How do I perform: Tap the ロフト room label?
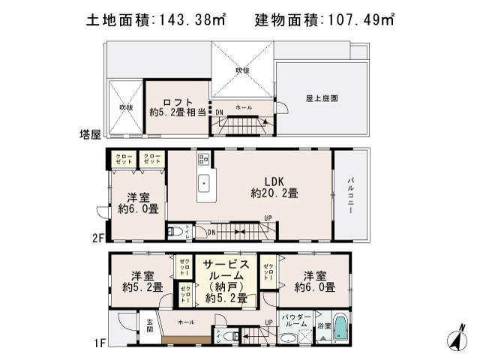coord(178,103)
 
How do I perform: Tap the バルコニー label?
coord(351,194)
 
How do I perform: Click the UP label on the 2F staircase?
coord(267,218)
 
